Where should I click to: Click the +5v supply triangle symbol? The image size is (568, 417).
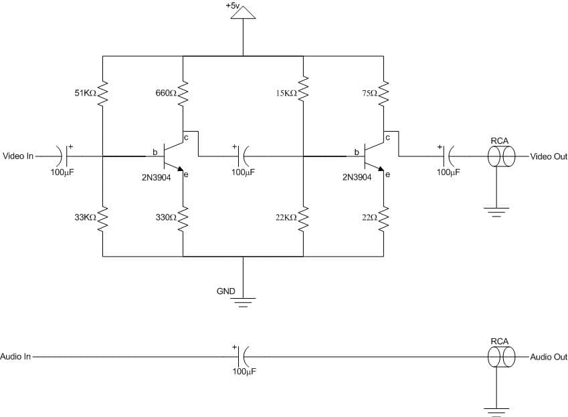243,14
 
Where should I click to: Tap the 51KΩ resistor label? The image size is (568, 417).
86,94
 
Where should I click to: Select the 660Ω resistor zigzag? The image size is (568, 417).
183,94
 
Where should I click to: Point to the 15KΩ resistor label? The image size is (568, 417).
286,94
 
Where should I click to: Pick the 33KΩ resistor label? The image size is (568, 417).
86,217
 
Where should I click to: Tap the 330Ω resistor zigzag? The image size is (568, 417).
183,218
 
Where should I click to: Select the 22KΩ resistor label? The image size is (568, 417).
286,218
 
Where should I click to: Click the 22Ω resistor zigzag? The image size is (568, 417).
383,218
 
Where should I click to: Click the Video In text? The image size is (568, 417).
18,156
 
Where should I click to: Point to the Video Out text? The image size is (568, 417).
548,156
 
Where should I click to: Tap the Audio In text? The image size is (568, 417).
16,357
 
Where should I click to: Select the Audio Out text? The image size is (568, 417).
549,357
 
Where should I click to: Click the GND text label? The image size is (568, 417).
225,291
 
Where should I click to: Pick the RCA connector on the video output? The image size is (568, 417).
500,156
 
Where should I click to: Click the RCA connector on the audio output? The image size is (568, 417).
500,357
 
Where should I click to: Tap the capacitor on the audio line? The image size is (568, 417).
242,357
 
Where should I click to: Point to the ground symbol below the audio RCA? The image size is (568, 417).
496,411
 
